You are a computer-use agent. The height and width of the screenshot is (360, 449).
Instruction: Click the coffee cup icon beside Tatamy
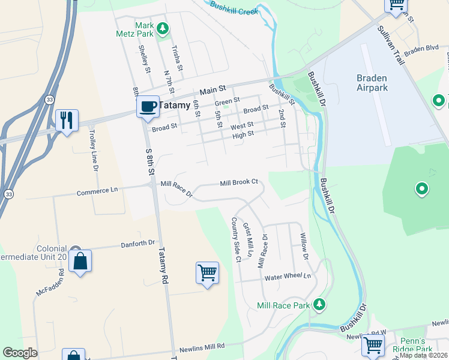(147, 107)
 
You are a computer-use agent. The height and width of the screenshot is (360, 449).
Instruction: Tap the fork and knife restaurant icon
(66, 119)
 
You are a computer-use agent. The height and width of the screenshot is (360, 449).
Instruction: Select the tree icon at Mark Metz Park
(162, 28)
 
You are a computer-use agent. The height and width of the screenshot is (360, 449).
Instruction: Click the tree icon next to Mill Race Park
(320, 305)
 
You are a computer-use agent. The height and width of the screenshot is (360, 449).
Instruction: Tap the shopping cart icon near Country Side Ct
(207, 272)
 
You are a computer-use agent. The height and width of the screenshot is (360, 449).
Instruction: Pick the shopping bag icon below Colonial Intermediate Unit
(80, 262)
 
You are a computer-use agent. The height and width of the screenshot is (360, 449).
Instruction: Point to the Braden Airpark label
(380, 83)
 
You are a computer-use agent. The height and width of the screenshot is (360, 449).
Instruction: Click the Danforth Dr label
(138, 243)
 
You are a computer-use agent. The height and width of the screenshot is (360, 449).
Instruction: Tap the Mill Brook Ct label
(238, 182)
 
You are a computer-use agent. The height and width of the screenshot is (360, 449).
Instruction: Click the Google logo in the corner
(20, 353)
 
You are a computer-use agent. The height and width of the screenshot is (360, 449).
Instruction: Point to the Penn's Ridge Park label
(412, 345)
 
